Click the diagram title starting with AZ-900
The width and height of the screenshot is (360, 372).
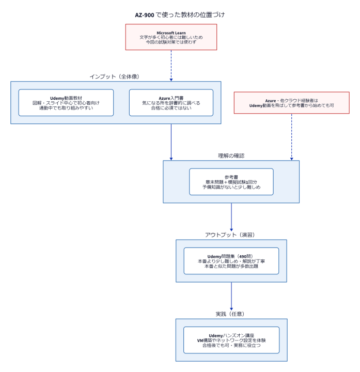point(180,15)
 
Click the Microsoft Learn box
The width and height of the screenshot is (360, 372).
point(171,37)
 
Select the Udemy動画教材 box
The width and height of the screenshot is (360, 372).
point(66,103)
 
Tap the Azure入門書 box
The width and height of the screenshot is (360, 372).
point(171,103)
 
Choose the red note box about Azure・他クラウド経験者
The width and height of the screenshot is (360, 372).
point(291,103)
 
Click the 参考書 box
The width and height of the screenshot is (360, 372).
point(231,182)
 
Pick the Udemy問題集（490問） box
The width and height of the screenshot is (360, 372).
point(231,261)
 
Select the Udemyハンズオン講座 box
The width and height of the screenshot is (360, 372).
point(231,340)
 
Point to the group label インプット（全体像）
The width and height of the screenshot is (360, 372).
point(114,76)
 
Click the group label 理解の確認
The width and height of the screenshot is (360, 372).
point(231,156)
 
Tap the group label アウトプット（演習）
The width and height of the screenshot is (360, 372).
point(230,235)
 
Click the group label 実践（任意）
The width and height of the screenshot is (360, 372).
point(230,314)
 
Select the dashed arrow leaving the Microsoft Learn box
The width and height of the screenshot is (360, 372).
point(171,66)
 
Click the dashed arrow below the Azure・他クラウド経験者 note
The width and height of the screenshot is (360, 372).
point(291,137)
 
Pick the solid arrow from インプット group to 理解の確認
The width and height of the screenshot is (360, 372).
point(171,142)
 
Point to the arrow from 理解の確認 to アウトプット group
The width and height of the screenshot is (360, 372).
point(231,217)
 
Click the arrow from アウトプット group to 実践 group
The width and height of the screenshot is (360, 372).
point(231,297)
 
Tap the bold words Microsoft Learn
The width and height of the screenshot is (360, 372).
point(171,33)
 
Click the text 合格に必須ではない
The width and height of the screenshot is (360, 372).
point(171,108)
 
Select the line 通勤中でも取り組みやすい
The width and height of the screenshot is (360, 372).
point(66,108)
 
